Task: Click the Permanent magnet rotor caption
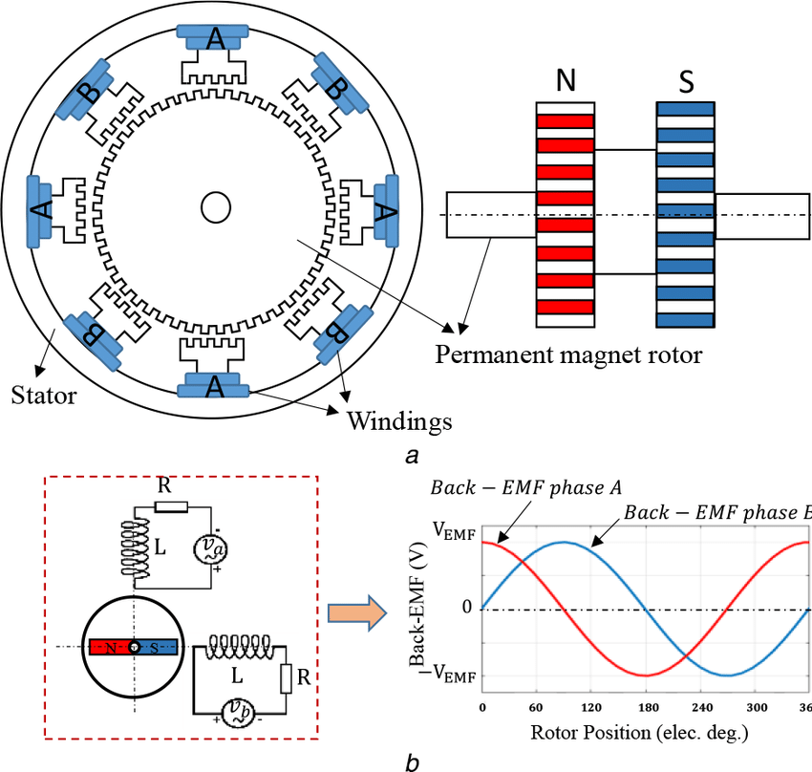(x=568, y=355)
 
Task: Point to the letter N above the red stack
(x=566, y=82)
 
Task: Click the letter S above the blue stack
(x=686, y=82)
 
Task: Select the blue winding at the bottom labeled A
(x=216, y=383)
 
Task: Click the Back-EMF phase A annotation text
(x=525, y=488)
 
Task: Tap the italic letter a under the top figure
(x=412, y=456)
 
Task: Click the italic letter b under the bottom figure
(x=412, y=761)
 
